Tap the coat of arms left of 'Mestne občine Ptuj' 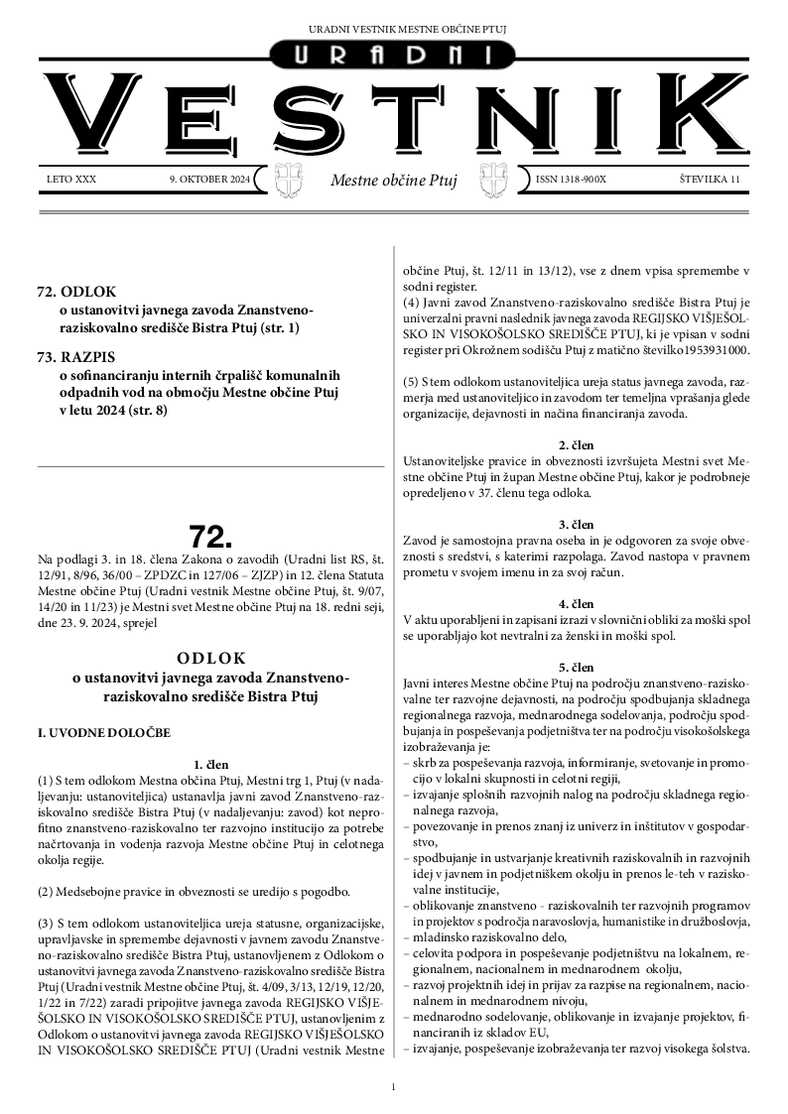point(288,181)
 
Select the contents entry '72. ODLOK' point(76,293)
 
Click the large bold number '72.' point(209,537)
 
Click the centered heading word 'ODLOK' point(209,658)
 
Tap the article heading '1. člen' point(210,765)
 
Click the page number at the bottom point(394,1087)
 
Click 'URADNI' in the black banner point(394,56)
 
